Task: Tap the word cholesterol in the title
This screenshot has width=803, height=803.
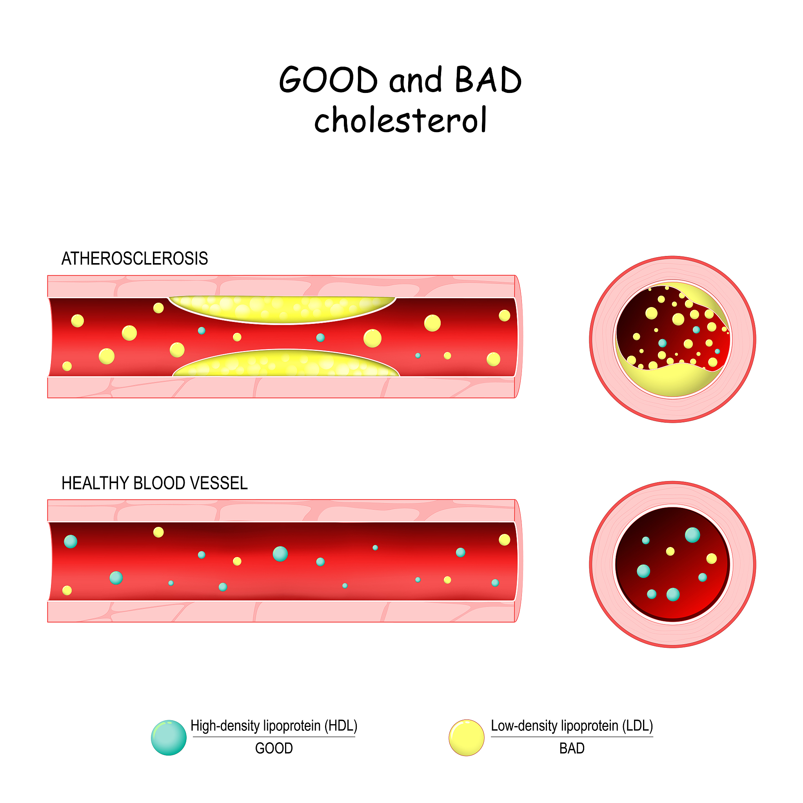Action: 400,119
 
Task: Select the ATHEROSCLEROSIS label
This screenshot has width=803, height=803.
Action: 134,258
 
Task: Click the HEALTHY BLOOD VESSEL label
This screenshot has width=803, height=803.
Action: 154,483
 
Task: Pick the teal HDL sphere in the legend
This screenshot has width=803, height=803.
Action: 169,738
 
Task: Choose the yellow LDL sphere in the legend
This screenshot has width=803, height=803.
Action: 466,738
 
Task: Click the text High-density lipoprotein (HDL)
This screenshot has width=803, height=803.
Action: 274,726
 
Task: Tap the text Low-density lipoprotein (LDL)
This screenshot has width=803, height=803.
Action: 572,726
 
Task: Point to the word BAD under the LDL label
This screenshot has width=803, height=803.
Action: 572,748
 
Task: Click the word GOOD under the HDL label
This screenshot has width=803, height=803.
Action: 274,748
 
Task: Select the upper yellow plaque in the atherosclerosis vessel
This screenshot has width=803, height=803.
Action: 282,309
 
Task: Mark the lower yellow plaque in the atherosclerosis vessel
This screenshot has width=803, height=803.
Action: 286,363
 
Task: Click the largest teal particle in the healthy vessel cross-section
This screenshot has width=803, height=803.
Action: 692,535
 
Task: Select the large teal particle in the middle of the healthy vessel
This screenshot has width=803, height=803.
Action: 280,554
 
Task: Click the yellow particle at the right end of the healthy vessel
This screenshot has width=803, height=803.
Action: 505,540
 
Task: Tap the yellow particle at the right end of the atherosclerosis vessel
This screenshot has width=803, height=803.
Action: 505,316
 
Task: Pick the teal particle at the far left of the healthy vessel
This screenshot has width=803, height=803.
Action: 71,541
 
